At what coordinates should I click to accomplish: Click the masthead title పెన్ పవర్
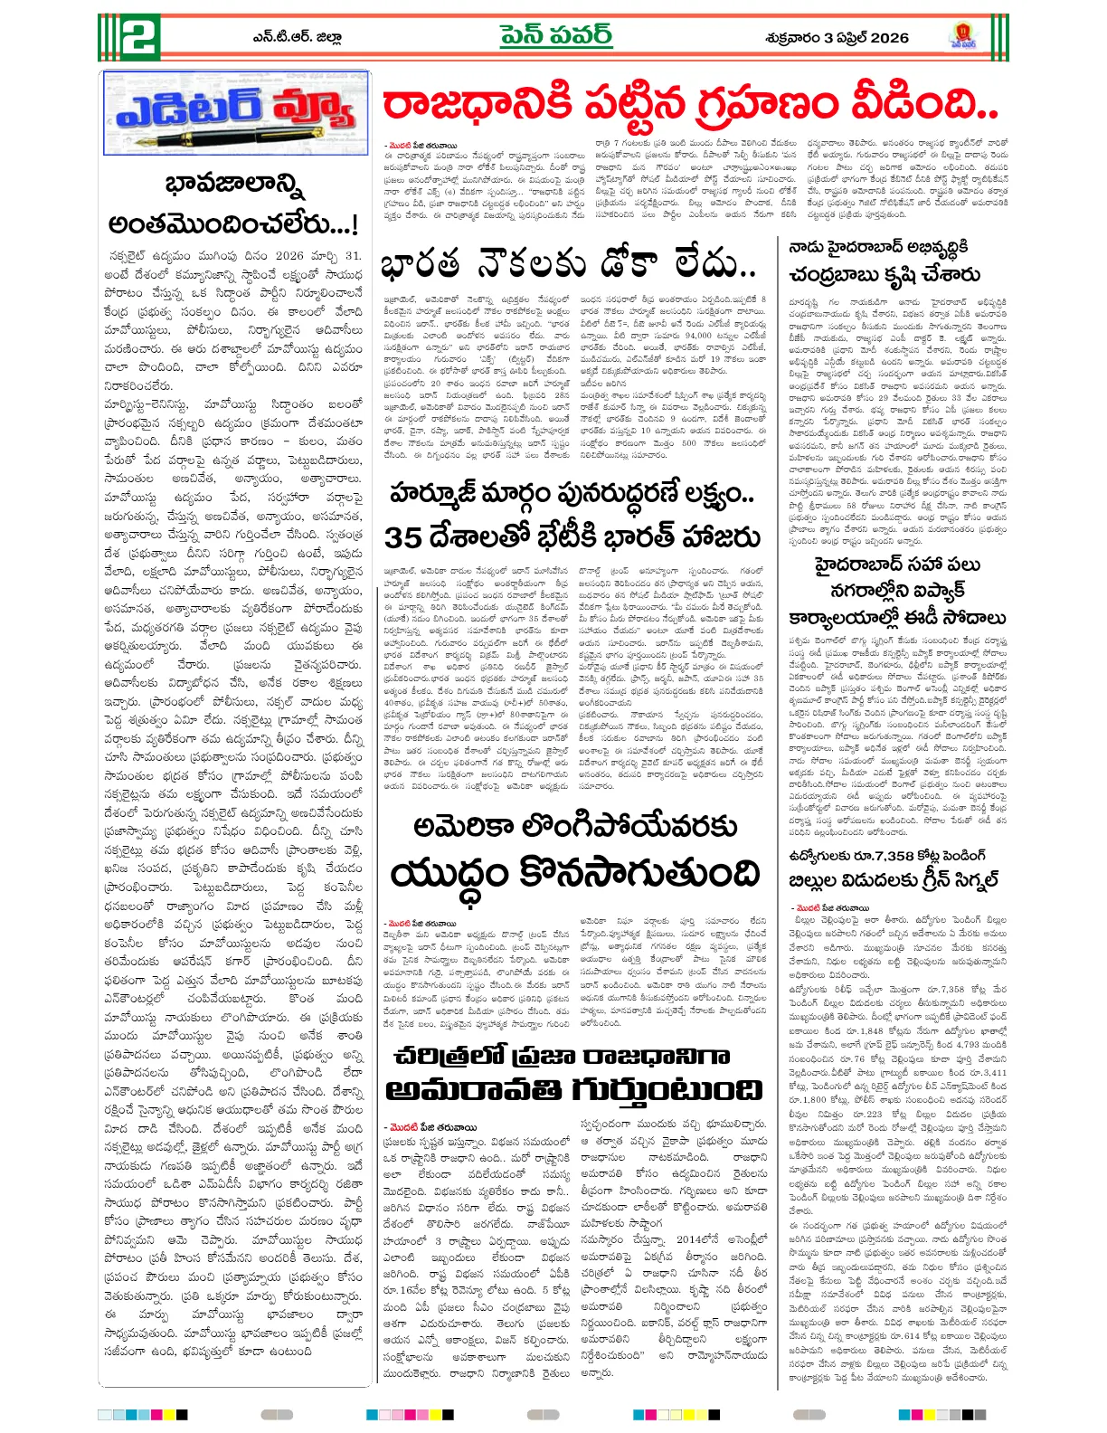[555, 36]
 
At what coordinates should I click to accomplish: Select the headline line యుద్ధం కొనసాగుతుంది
[574, 874]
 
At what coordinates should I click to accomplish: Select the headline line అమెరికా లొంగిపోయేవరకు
[574, 827]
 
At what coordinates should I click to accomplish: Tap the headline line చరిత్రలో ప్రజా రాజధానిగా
[561, 1056]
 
